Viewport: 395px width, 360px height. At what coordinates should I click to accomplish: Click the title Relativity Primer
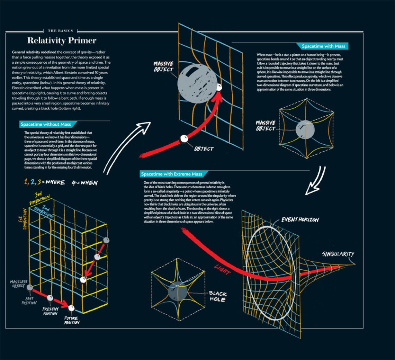pyautogui.click(x=62, y=41)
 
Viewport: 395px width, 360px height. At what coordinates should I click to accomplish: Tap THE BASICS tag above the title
pyautogui.click(x=62, y=31)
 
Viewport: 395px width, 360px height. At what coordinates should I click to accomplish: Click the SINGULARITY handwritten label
pyautogui.click(x=338, y=254)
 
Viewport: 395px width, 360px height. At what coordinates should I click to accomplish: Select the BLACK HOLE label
pyautogui.click(x=217, y=296)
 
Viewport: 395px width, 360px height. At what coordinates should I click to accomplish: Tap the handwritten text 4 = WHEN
pyautogui.click(x=84, y=182)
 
